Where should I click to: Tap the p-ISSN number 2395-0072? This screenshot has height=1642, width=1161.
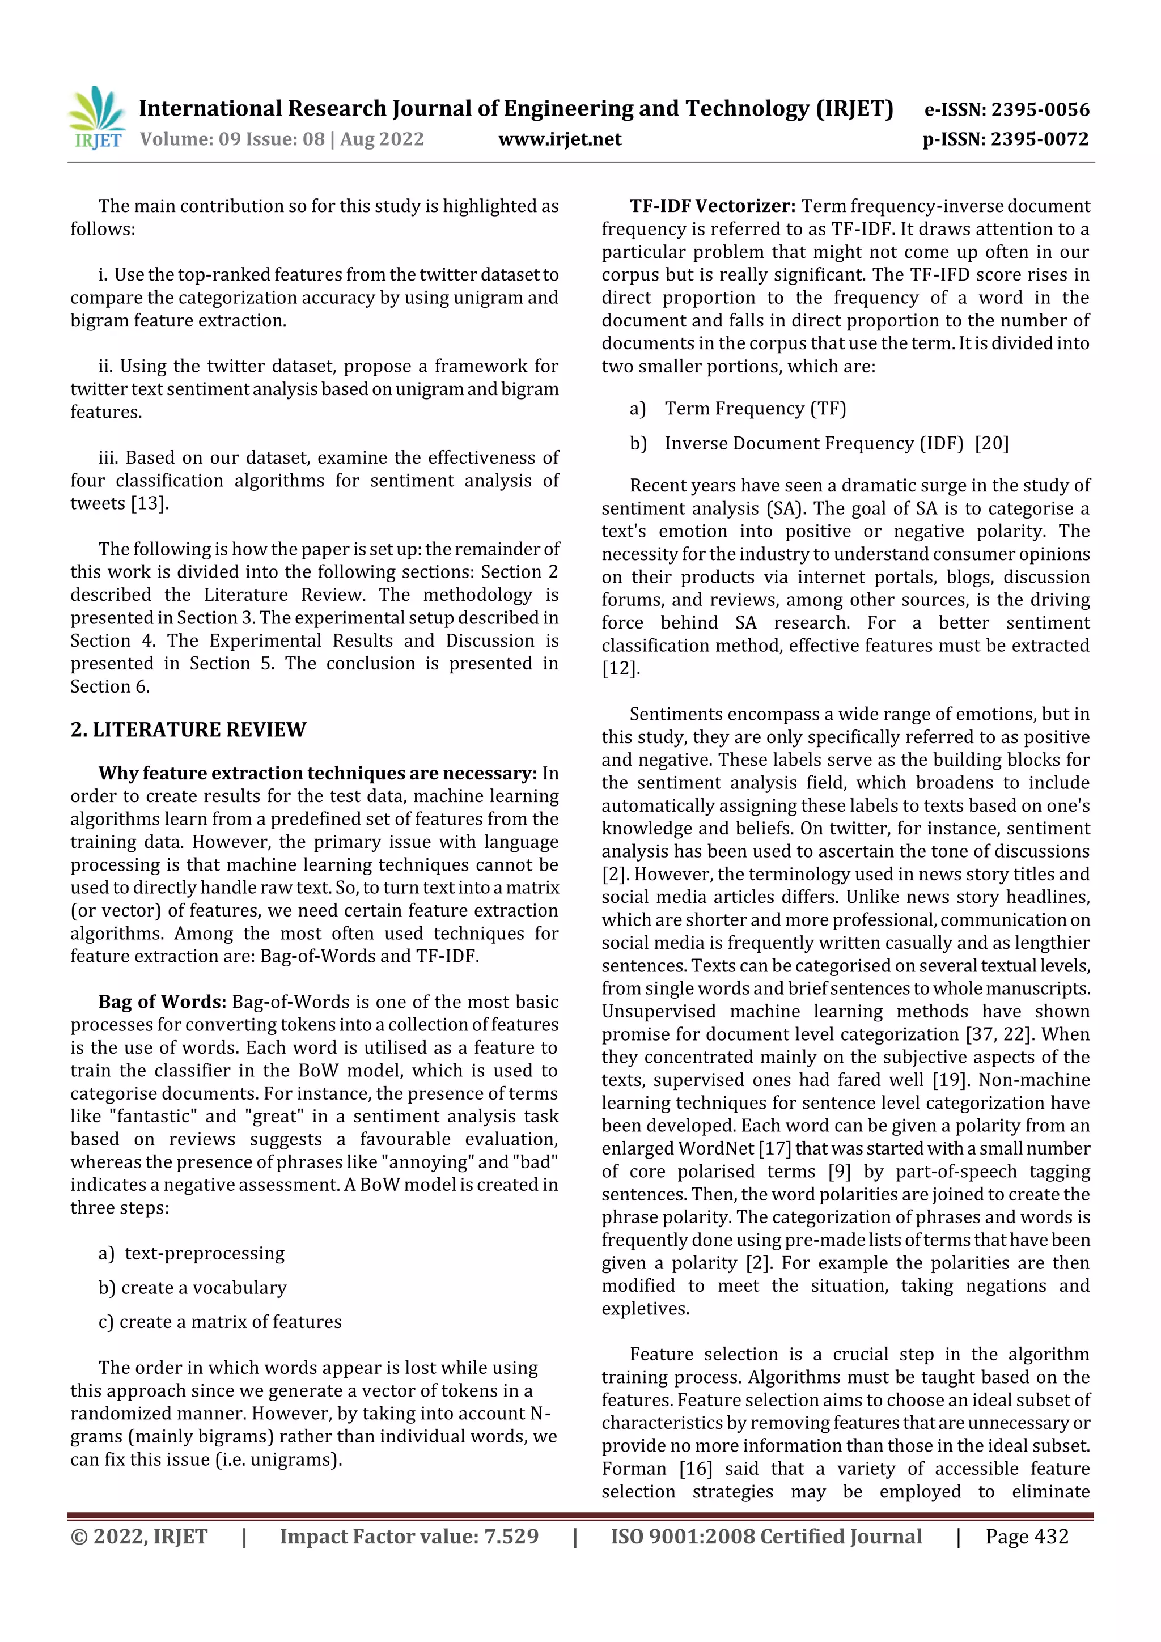pyautogui.click(x=1039, y=139)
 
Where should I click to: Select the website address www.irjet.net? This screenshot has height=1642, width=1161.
pyautogui.click(x=560, y=139)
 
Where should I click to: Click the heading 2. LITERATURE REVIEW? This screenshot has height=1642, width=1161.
pyautogui.click(x=188, y=729)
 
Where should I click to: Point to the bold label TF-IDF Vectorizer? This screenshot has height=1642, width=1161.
pyautogui.click(x=713, y=206)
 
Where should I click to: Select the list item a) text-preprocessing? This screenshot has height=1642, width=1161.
pyautogui.click(x=192, y=1253)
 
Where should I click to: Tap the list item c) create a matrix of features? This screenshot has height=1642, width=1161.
pyautogui.click(x=221, y=1322)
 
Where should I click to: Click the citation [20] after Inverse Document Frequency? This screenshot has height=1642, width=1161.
pyautogui.click(x=991, y=443)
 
